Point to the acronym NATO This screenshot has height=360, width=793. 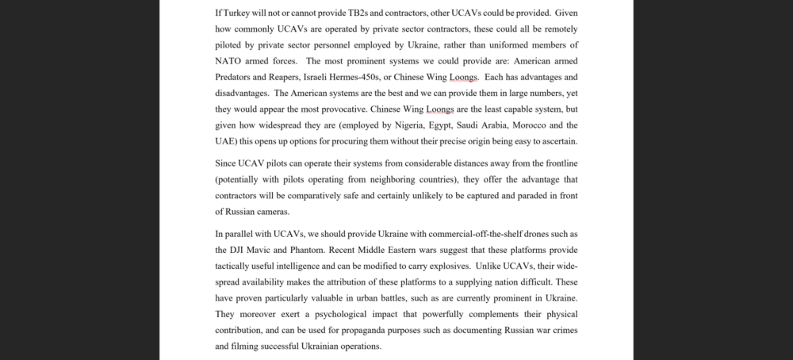click(228, 61)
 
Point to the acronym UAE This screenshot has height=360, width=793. click(227, 140)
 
